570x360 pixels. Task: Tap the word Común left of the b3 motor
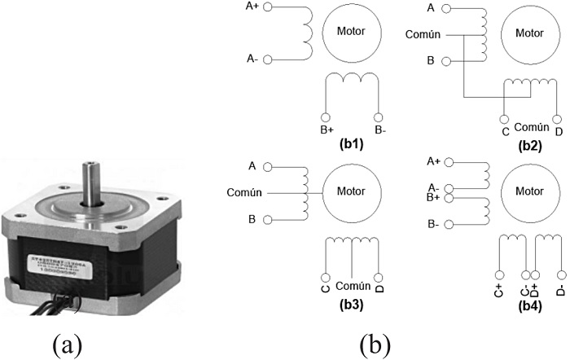pos(244,193)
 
